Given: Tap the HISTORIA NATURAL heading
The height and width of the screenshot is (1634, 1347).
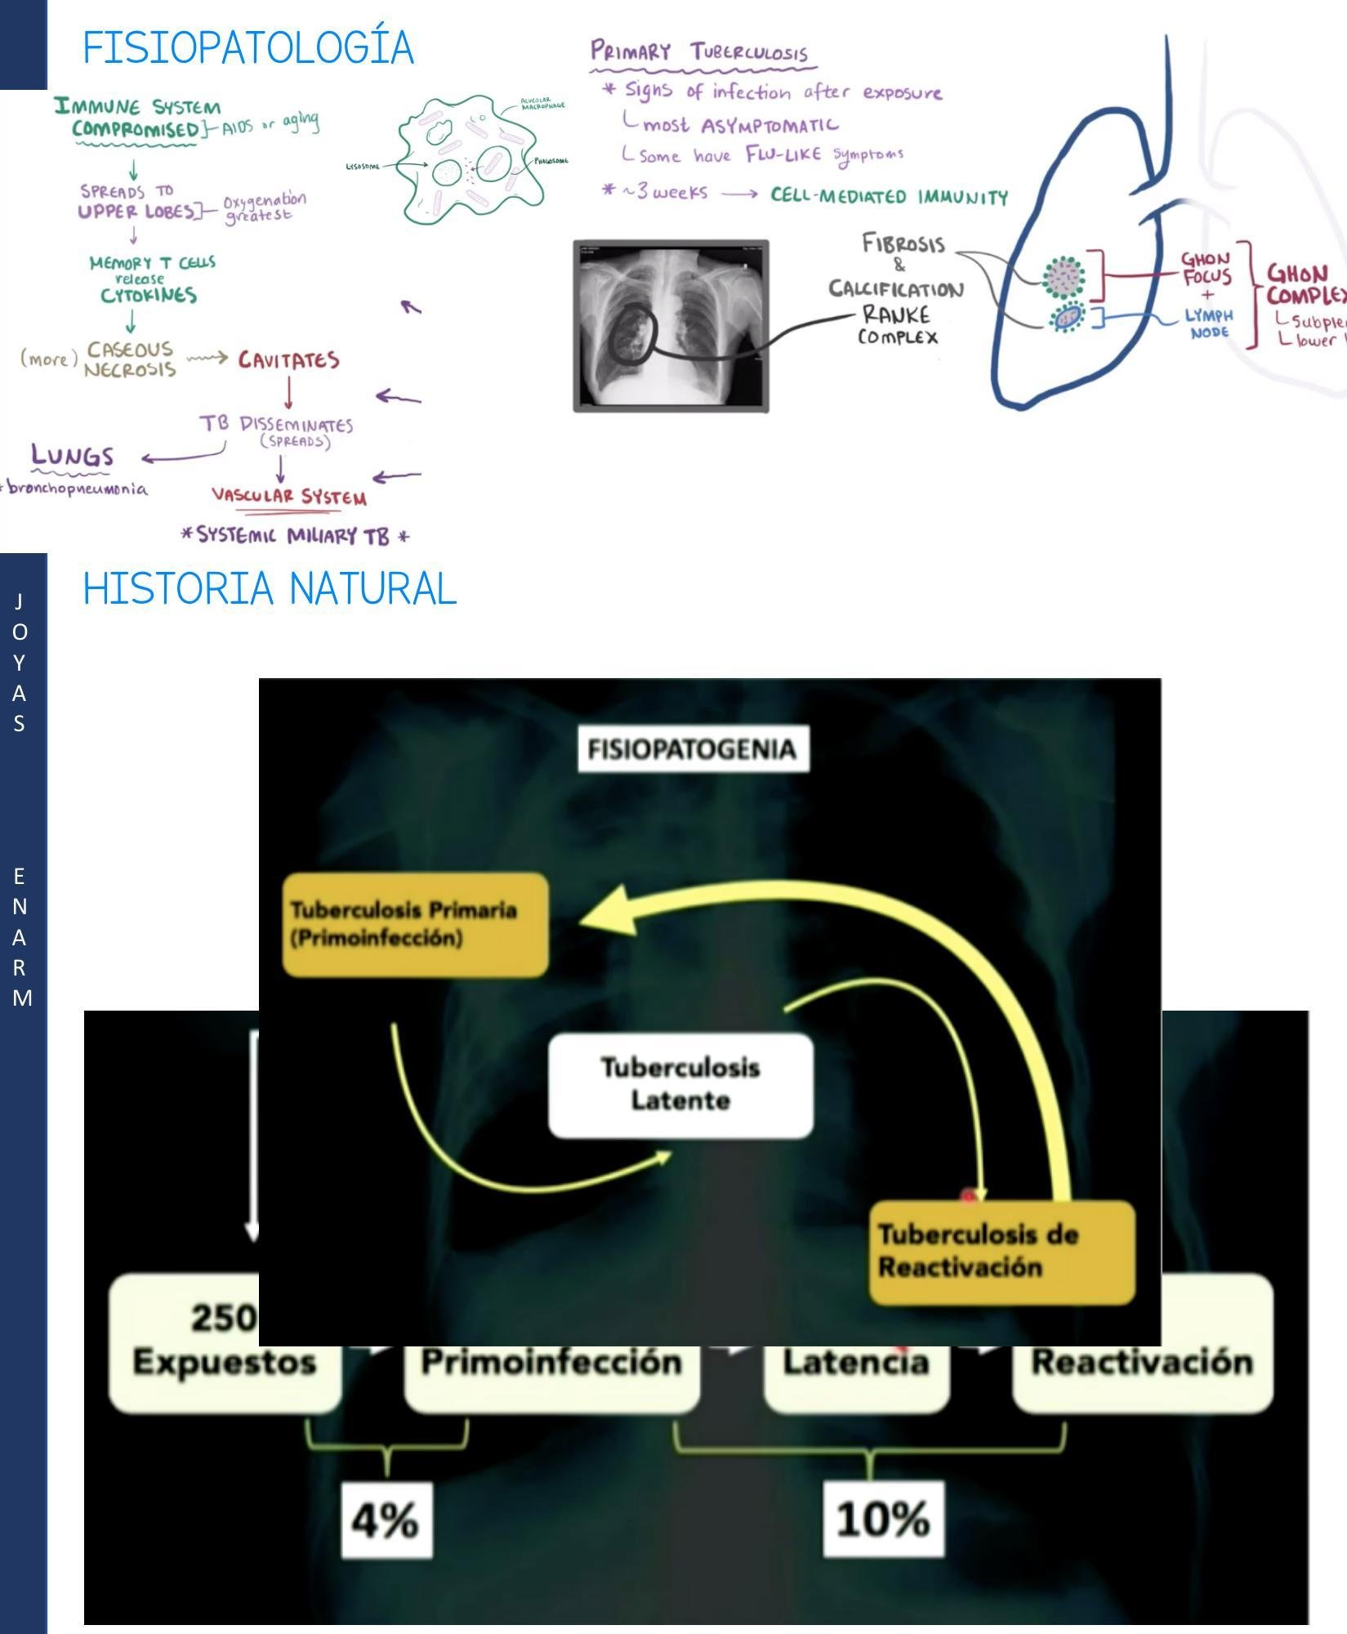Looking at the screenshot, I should [x=270, y=588].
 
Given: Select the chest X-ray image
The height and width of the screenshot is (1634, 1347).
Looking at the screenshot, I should [x=671, y=326].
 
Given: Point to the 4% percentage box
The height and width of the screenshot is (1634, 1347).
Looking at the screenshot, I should [x=386, y=1520].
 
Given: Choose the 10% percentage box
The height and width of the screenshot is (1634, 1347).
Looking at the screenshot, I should [x=883, y=1520].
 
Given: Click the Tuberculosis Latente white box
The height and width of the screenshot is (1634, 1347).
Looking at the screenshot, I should [x=680, y=1084].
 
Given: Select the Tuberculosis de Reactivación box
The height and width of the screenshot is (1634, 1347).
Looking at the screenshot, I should [x=1001, y=1252].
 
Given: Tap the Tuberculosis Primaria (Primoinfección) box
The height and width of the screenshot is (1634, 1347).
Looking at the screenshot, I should [x=415, y=924].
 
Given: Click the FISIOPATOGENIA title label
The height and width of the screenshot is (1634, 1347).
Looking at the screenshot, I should [x=693, y=748].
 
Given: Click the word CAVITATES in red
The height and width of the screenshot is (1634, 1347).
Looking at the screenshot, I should [x=288, y=360].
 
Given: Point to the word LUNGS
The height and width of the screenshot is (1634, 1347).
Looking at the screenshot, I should [x=72, y=456].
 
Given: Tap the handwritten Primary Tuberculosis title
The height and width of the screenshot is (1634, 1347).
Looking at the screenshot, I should [x=700, y=52].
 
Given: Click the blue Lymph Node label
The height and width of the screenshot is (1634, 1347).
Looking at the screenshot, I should [x=1209, y=324].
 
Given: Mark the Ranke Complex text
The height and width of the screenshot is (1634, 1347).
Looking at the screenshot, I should [x=897, y=325].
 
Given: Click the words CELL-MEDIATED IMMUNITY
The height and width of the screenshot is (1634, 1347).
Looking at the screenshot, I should [x=889, y=197].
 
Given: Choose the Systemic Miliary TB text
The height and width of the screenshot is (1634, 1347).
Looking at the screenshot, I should [x=294, y=536].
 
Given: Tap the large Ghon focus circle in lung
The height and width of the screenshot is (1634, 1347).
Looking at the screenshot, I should [x=1064, y=277].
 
